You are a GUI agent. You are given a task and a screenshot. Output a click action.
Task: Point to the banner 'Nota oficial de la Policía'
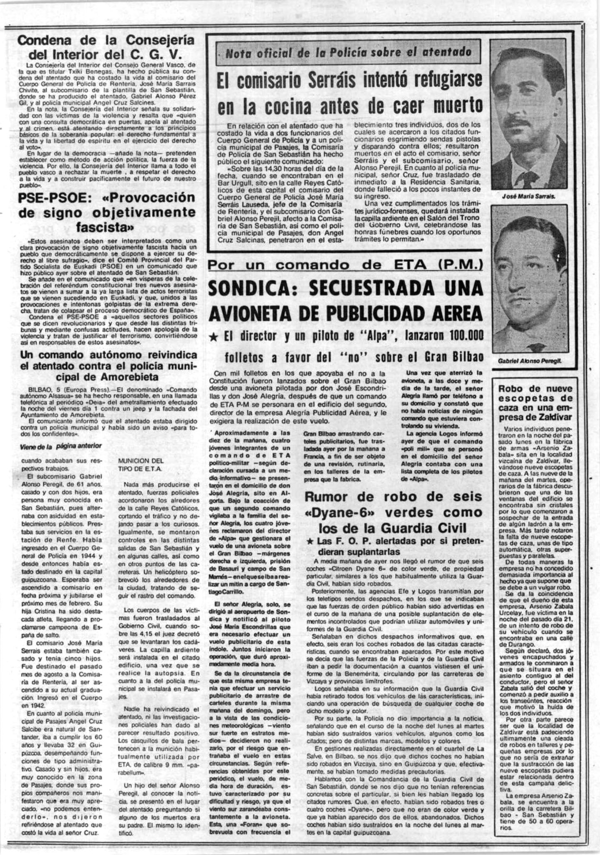click(348, 52)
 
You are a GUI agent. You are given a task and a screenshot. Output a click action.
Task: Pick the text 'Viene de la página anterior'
click(61, 446)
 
